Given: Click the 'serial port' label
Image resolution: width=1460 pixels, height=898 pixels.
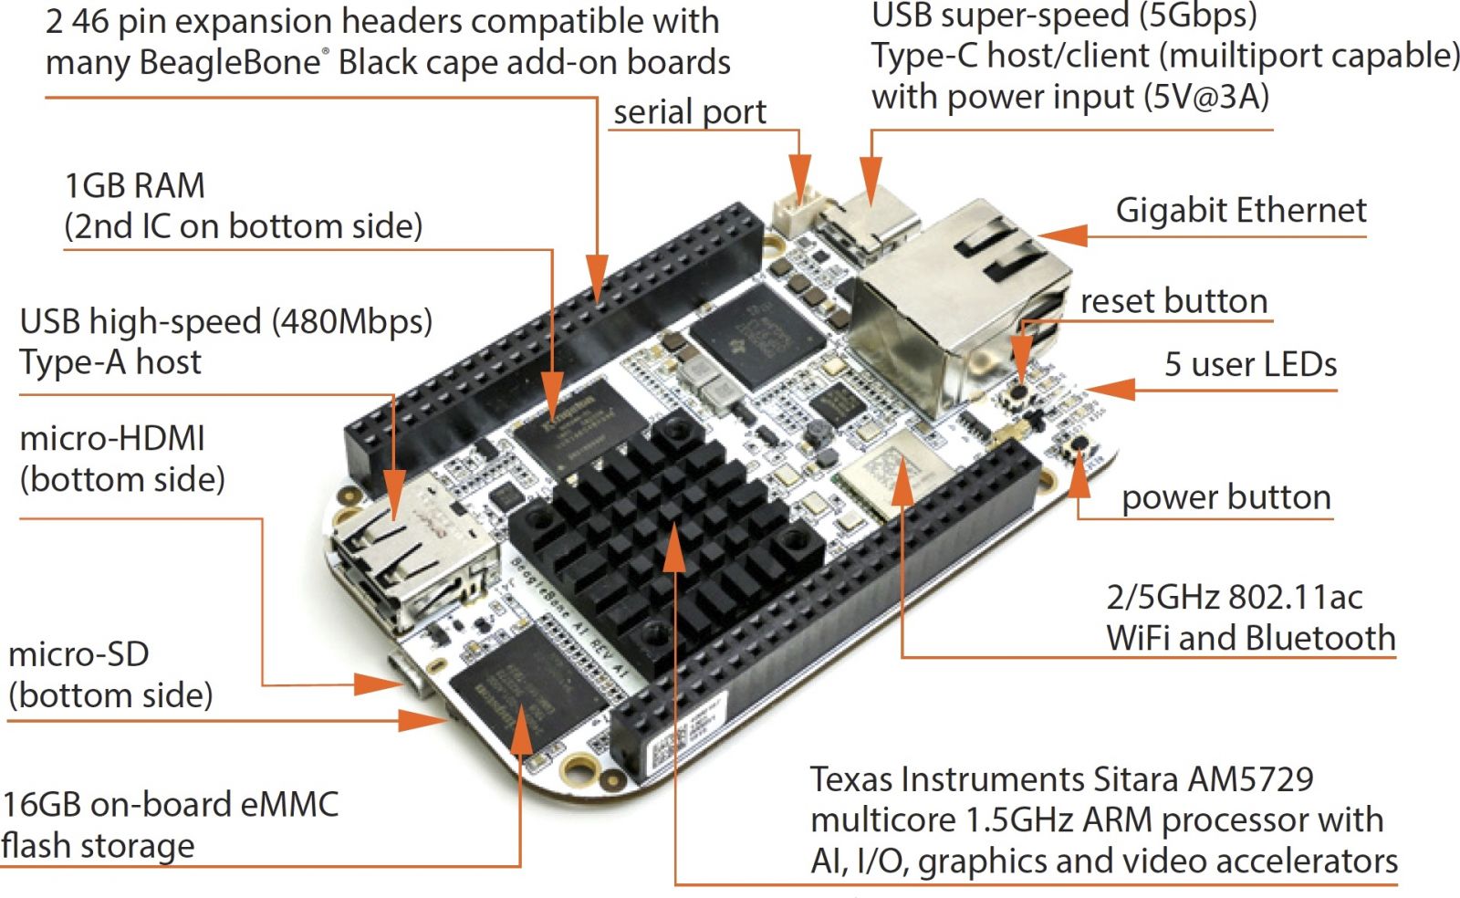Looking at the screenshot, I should [689, 112].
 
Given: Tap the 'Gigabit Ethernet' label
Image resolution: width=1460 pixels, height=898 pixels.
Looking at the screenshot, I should [1240, 211].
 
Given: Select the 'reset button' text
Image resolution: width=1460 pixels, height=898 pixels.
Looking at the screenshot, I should [1173, 301].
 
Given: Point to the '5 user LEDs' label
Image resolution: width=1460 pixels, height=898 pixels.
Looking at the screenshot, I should [1250, 364].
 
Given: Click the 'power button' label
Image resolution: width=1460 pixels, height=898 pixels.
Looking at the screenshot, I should [1225, 497].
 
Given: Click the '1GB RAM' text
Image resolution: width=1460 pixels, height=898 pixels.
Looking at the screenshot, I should [135, 186].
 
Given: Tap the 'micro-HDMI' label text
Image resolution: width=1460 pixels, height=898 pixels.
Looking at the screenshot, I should [112, 439].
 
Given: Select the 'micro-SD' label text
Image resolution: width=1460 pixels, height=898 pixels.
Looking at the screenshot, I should [78, 654].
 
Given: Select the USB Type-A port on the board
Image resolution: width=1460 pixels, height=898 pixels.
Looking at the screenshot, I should [401, 557].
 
